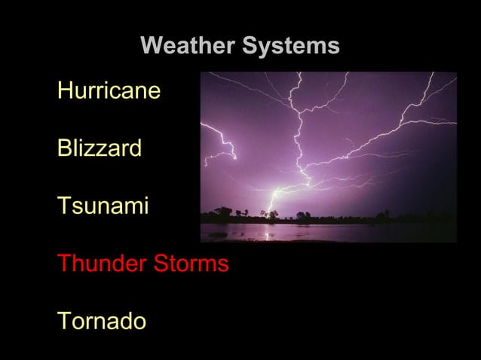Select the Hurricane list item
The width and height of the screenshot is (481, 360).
coord(109,92)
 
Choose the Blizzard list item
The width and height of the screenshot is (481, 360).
coord(99,148)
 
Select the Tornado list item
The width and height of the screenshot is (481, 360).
coord(102,322)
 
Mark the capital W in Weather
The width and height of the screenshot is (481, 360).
coord(152,47)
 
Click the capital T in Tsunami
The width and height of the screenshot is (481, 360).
coord(63,206)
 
